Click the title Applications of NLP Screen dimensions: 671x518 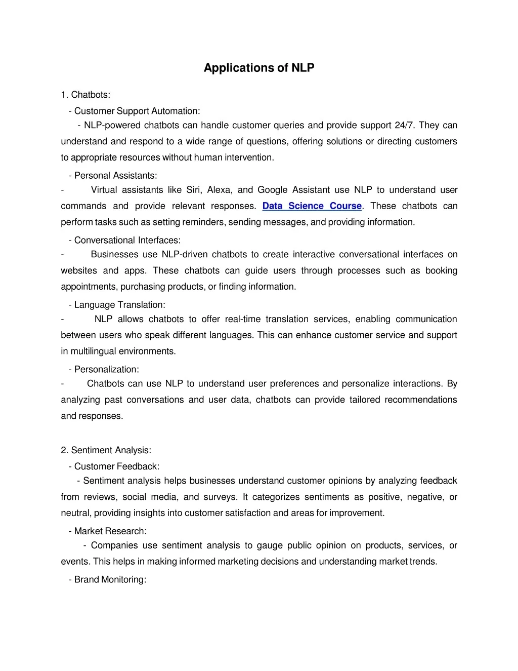pyautogui.click(x=258, y=68)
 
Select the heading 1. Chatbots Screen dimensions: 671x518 pyautogui.click(x=85, y=95)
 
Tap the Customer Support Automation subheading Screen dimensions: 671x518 pyautogui.click(x=137, y=111)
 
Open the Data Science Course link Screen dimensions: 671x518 pyautogui.click(x=312, y=206)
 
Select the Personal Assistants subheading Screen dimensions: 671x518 pyautogui.click(x=115, y=175)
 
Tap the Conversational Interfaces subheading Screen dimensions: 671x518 pyautogui.click(x=127, y=240)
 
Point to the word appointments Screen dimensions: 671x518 pyautogui.click(x=89, y=287)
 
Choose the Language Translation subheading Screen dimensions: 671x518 pyautogui.click(x=119, y=305)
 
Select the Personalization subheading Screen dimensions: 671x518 pyautogui.click(x=106, y=369)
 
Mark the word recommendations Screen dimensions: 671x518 pyautogui.click(x=420, y=400)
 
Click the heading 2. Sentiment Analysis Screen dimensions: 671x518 pyautogui.click(x=106, y=450)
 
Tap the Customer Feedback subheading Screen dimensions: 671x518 pyautogui.click(x=116, y=466)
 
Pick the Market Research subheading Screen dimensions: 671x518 pyautogui.click(x=110, y=531)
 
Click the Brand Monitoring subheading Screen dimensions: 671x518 pyautogui.click(x=110, y=579)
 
